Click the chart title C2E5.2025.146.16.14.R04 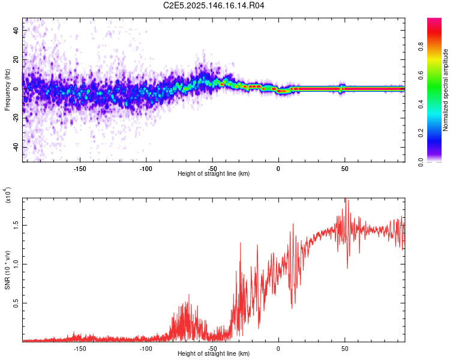pyautogui.click(x=214, y=5)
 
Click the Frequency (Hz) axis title pyautogui.click(x=7, y=90)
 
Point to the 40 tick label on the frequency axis pyautogui.click(x=16, y=30)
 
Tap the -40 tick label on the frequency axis pyautogui.click(x=16, y=148)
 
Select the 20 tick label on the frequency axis pyautogui.click(x=16, y=59)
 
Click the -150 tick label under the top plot pyautogui.click(x=79, y=169)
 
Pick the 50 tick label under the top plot pyautogui.click(x=344, y=169)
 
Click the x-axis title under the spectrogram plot pyautogui.click(x=214, y=173)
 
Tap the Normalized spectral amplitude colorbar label pyautogui.click(x=445, y=90)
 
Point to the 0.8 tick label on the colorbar pyautogui.click(x=421, y=46)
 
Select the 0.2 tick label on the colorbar pyautogui.click(x=421, y=133)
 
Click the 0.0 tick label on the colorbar pyautogui.click(x=421, y=162)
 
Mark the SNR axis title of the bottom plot pyautogui.click(x=8, y=270)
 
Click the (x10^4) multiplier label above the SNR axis pyautogui.click(x=8, y=195)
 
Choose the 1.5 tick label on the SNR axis pyautogui.click(x=16, y=226)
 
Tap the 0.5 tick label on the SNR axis pyautogui.click(x=16, y=303)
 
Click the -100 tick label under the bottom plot pyautogui.click(x=146, y=349)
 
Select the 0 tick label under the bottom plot pyautogui.click(x=278, y=349)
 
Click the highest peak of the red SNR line pyautogui.click(x=347, y=199)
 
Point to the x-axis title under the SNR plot pyautogui.click(x=214, y=353)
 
